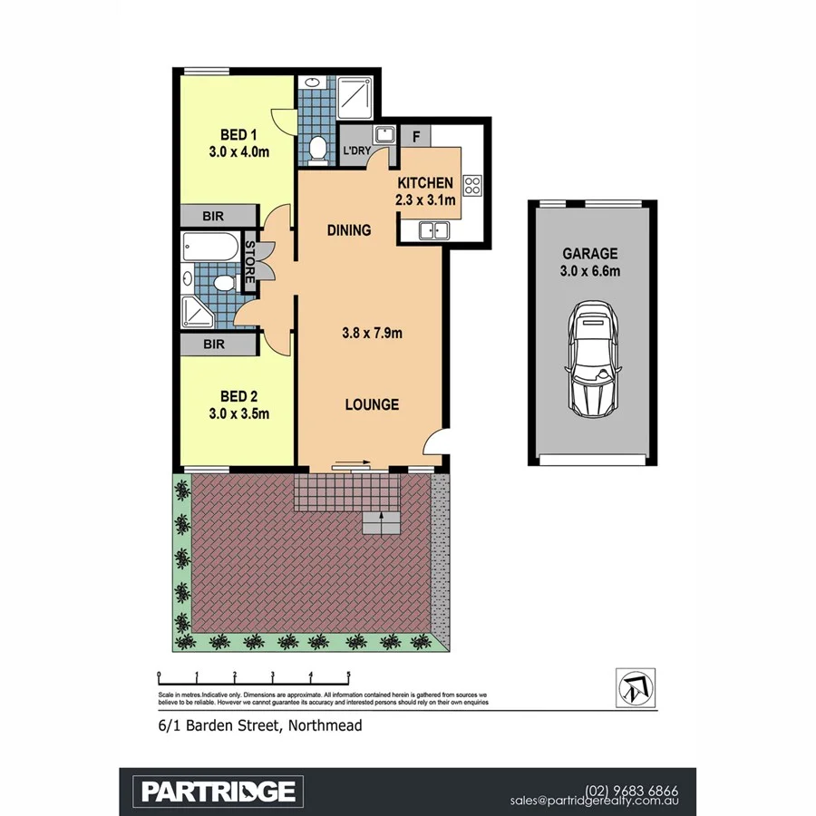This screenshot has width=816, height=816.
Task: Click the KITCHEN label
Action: (x=425, y=183)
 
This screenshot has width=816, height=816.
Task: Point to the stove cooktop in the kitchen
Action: (x=471, y=186)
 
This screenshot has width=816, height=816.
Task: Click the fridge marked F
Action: (x=416, y=137)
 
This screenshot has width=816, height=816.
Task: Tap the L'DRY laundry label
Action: (x=355, y=151)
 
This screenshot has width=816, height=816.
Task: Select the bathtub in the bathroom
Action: (x=209, y=246)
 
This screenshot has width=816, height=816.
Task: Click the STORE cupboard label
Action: (x=251, y=261)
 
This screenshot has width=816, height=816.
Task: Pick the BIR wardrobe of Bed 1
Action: (x=215, y=216)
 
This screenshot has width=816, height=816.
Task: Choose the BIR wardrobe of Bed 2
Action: (x=215, y=345)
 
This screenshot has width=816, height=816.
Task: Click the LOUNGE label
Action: (x=372, y=404)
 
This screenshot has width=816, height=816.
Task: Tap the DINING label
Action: (x=349, y=230)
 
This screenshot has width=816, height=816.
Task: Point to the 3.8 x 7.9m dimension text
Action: (x=372, y=333)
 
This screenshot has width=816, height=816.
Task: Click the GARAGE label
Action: (x=590, y=254)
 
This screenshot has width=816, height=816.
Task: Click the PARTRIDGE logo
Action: (x=218, y=791)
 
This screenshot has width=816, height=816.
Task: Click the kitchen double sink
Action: (x=434, y=230)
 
